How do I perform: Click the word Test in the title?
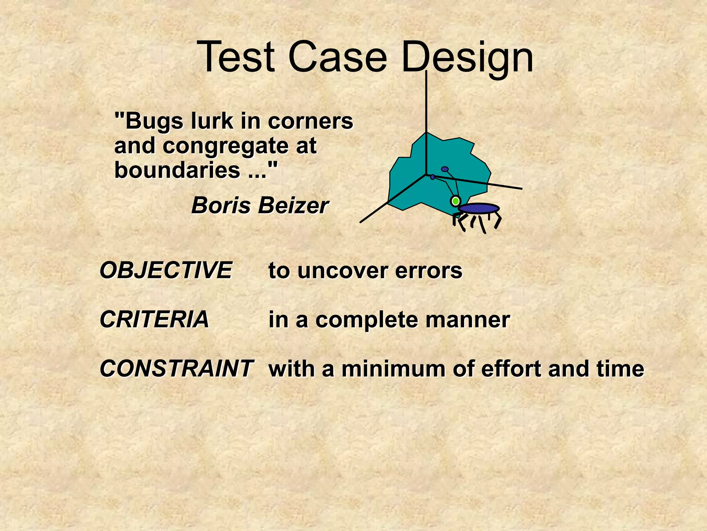coord(236,57)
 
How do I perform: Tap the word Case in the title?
coord(337,57)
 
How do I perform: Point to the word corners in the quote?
coord(310,122)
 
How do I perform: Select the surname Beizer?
coord(293,205)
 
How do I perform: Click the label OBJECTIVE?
coord(166,270)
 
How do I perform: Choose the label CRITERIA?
coord(154,319)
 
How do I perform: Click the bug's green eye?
coord(456,201)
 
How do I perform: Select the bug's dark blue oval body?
coord(478,208)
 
